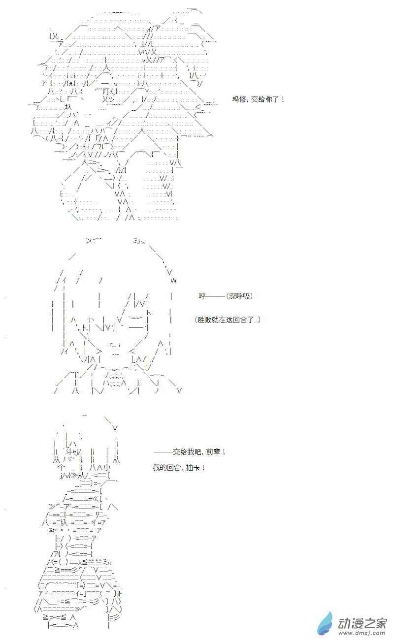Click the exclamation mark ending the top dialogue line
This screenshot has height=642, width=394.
click(283, 99)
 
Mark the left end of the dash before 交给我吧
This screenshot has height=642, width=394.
click(154, 452)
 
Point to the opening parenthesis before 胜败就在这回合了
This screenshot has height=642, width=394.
click(196, 320)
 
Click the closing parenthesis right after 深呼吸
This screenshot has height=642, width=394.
click(251, 296)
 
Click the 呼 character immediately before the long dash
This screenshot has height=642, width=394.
click(202, 296)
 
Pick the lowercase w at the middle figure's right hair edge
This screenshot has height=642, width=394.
click(173, 281)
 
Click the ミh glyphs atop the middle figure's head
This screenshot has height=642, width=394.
click(137, 241)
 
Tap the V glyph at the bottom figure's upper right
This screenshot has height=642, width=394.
click(115, 428)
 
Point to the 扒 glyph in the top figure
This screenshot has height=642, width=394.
click(68, 107)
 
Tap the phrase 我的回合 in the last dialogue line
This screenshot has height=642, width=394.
click(166, 467)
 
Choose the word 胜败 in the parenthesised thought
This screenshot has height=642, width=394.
click(205, 320)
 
